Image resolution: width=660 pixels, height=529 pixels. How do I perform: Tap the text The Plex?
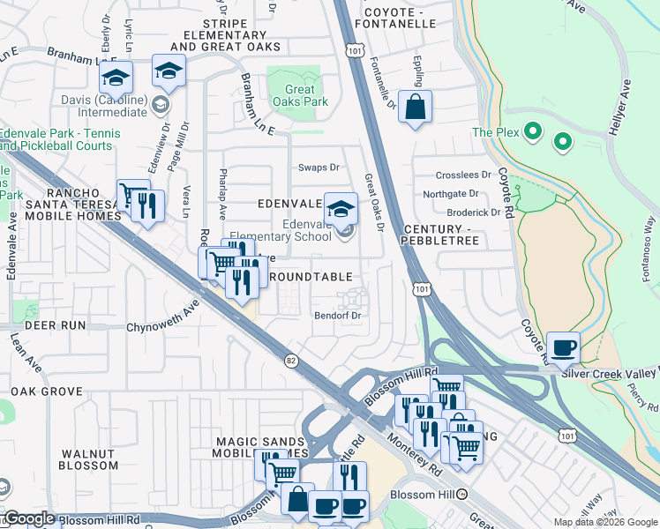tap(492, 132)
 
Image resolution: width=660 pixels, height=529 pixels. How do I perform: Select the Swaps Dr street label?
tap(319, 168)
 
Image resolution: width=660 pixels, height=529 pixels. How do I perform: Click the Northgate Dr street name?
tap(450, 194)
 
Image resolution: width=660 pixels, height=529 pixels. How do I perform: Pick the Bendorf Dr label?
tap(338, 315)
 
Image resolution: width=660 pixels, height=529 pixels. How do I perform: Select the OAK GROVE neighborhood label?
tap(46, 391)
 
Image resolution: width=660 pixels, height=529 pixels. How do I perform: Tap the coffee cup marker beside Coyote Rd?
tap(564, 346)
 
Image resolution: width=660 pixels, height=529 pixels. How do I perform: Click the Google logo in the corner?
tap(29, 518)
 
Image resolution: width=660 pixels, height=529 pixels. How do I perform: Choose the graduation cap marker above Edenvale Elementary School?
tap(341, 208)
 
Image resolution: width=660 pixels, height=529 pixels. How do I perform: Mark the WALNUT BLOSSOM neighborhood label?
tap(89, 459)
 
